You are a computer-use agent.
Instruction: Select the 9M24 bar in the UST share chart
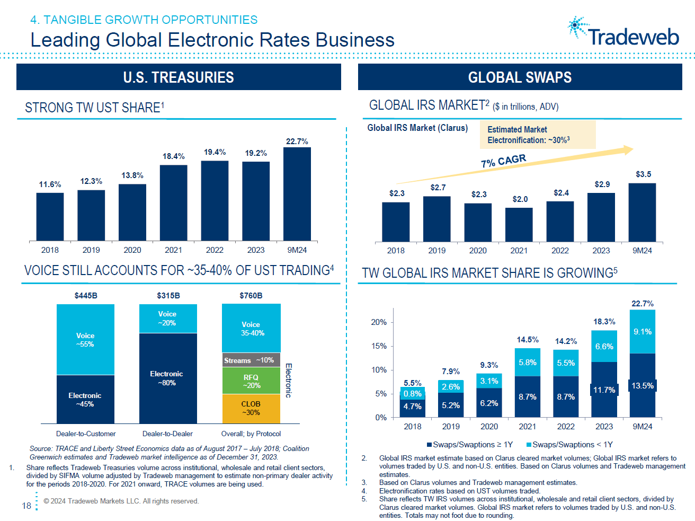(297, 194)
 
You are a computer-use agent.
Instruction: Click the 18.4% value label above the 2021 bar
(173, 156)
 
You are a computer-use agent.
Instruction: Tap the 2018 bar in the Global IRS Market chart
(396, 222)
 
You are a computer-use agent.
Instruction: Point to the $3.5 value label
(643, 174)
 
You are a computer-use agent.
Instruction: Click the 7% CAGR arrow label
(503, 161)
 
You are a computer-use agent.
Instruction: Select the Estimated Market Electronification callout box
(537, 135)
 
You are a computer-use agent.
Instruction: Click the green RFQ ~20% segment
(251, 381)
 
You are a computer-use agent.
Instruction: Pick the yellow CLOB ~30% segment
(251, 408)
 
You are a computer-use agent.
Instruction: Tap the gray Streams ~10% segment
(251, 360)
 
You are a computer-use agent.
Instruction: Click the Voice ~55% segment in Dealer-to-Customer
(85, 340)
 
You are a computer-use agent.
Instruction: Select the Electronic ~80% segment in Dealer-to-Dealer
(168, 378)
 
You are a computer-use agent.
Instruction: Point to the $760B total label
(251, 296)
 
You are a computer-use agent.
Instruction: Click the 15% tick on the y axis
(379, 346)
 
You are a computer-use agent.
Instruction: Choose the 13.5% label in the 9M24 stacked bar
(643, 386)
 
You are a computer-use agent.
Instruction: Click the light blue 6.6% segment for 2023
(604, 347)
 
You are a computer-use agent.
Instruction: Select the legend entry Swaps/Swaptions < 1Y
(569, 445)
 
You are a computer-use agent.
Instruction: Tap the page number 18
(26, 506)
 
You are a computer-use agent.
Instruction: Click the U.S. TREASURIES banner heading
(179, 77)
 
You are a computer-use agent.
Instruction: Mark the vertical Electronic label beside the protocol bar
(289, 380)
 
